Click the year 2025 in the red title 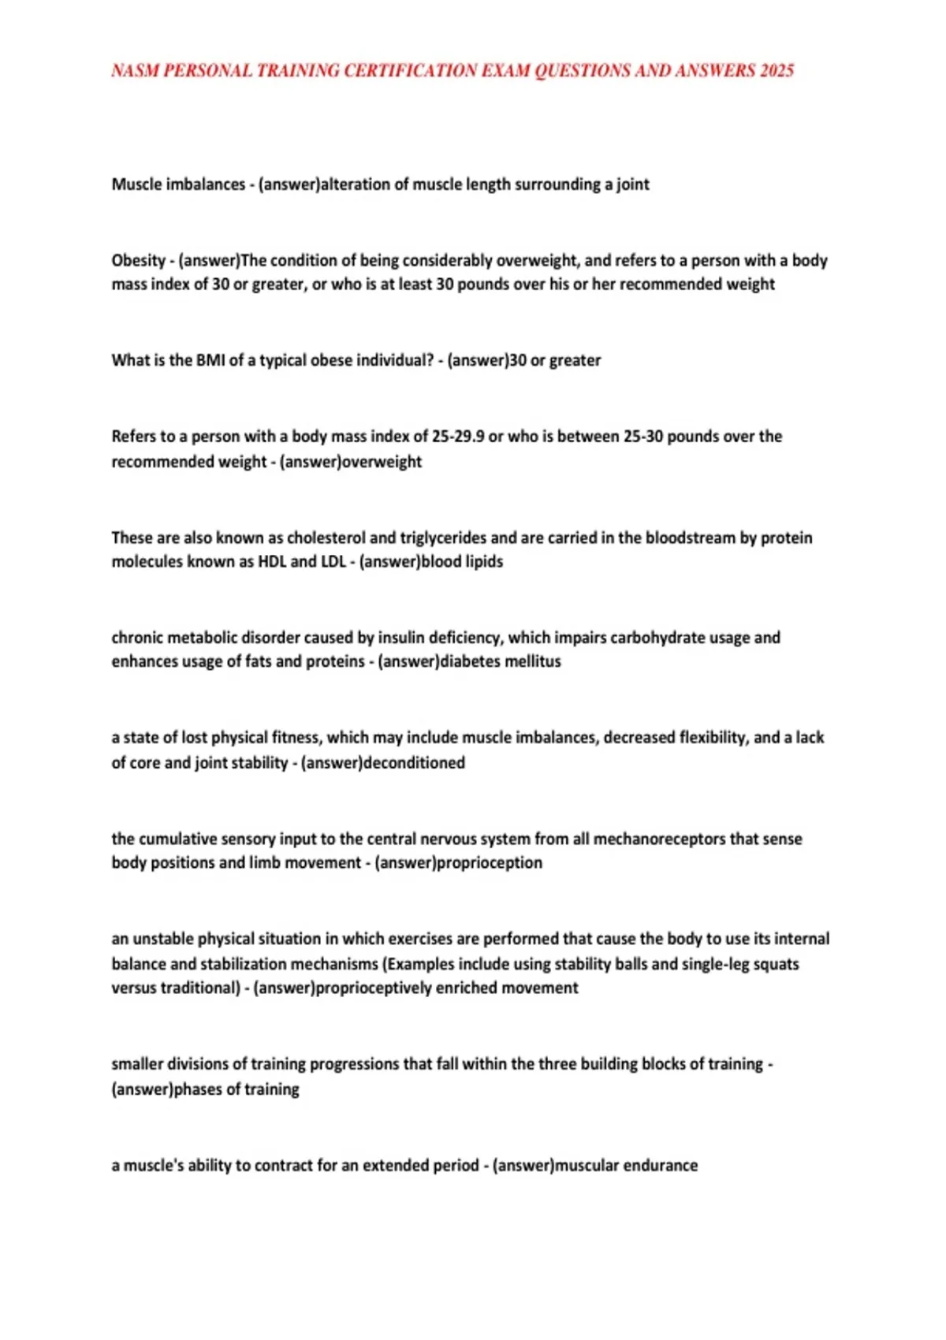[x=777, y=71]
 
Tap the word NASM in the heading [x=135, y=71]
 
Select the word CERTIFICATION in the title [x=411, y=71]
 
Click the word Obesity [x=139, y=261]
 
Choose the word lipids [x=483, y=562]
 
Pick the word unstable [x=162, y=940]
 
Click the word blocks [x=641, y=1064]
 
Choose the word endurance [x=660, y=1166]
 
